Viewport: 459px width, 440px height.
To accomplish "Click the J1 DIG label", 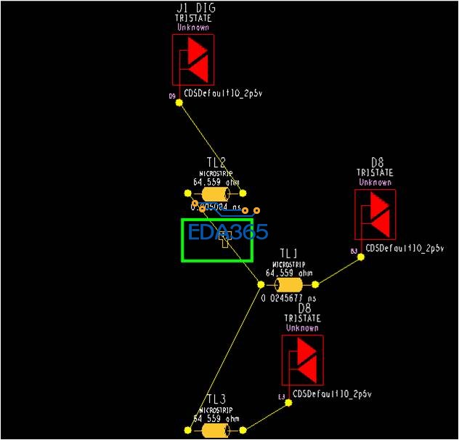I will point(195,8).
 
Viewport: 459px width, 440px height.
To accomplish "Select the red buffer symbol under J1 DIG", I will point(192,62).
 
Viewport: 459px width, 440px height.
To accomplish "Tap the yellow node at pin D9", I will point(180,103).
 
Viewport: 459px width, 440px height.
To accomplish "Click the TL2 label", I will point(216,162).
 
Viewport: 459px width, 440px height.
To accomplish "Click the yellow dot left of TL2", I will point(187,193).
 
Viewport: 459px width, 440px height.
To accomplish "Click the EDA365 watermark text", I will point(228,233).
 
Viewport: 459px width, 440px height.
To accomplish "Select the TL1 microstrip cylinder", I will point(288,284).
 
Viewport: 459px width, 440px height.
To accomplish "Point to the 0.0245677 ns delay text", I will point(289,298).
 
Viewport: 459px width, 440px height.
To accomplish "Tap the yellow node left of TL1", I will point(261,284).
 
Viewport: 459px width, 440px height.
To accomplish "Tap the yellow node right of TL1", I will point(317,284).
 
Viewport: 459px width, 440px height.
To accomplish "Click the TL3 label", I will point(216,399).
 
